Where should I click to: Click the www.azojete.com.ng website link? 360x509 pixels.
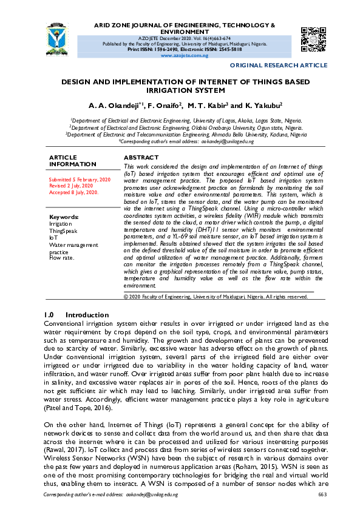click(183, 55)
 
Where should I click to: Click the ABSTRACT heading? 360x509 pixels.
click(141, 157)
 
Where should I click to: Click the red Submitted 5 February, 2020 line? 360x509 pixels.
click(80, 180)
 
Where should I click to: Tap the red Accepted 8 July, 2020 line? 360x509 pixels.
click(73, 192)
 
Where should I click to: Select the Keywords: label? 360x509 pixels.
click(64, 217)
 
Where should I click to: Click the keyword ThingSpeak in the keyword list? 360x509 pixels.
click(63, 231)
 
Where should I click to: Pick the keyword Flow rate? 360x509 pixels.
click(61, 258)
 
